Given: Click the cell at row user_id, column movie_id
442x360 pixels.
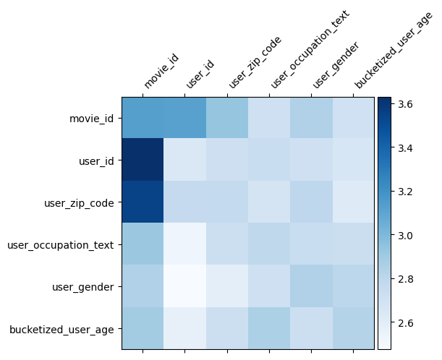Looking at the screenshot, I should (143, 160).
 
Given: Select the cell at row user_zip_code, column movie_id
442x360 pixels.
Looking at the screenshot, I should (143, 202).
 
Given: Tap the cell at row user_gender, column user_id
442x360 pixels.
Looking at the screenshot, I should (185, 286).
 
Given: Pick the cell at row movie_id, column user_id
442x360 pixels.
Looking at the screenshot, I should (185, 118).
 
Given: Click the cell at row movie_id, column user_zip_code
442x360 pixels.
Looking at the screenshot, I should (227, 118).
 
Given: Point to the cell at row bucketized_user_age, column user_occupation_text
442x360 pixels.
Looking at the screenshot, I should (269, 329).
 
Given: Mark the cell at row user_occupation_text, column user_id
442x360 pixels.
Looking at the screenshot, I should (185, 244).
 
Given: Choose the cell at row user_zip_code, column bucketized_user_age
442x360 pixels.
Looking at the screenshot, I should (354, 202).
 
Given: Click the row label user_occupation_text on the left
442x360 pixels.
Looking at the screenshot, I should (60, 245).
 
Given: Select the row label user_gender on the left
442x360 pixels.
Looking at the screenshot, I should (83, 287).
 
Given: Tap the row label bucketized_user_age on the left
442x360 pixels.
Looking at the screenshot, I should (61, 330).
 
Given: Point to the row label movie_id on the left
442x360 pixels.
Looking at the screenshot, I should (91, 119).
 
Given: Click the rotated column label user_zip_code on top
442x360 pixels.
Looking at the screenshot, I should (254, 63).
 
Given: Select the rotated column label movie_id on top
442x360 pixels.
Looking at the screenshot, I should (161, 72).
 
